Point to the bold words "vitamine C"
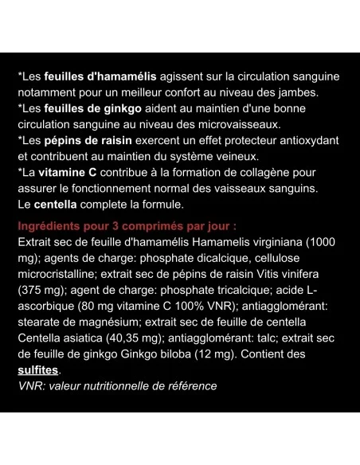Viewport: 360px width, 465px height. (x=71, y=173)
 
